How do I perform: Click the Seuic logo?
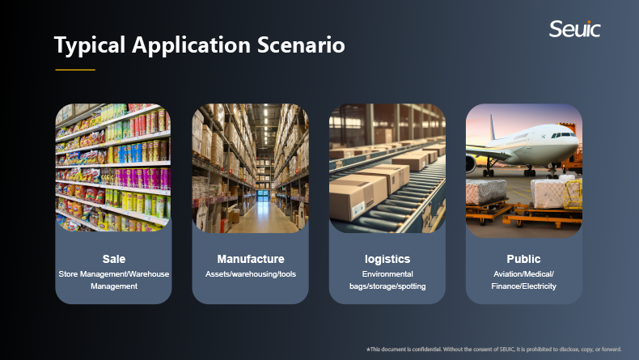pos(574,29)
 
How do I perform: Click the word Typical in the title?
pos(90,45)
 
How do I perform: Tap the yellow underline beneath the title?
pos(75,70)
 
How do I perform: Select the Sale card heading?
pos(114,259)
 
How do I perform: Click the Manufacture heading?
pos(251,259)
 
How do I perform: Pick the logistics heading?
pos(387,260)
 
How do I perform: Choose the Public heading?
pos(523,259)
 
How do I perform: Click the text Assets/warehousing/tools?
pos(251,274)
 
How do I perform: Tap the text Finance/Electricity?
pos(523,286)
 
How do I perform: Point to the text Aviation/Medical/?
pos(523,274)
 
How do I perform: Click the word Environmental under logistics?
pos(387,274)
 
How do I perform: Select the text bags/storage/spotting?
pos(387,286)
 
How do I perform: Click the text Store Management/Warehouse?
pos(114,274)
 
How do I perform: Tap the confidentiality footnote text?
pos(494,349)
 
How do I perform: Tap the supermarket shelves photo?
pos(113,167)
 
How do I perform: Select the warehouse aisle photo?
pos(250,168)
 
